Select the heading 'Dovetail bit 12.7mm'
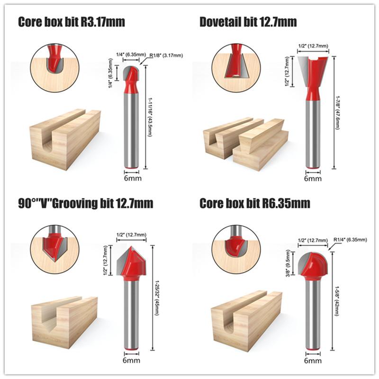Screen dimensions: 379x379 (x=248, y=22)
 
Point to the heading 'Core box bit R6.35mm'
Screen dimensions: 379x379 (x=255, y=204)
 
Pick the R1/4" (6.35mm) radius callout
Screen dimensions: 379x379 (x=350, y=240)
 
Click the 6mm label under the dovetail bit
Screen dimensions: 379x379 (x=312, y=179)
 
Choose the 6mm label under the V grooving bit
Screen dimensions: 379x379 (x=131, y=361)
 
